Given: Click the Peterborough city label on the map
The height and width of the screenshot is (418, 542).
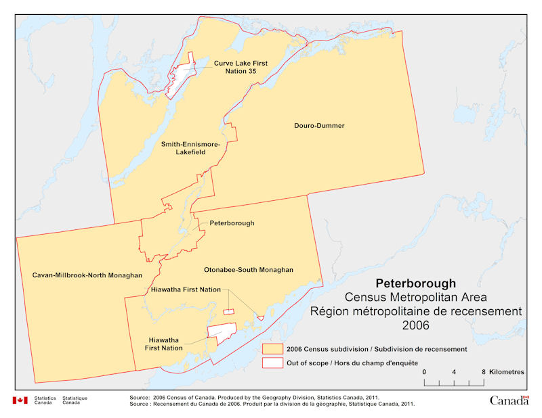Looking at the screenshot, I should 231,223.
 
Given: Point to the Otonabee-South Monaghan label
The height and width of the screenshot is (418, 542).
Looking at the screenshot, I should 249,269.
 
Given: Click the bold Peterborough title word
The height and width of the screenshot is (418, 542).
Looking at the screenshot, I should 415,283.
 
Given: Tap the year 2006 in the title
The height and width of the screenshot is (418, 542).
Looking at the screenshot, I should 415,325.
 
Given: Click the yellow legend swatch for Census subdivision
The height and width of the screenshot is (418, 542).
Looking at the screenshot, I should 272,349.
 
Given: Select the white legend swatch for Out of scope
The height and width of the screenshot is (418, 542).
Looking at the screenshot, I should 272,363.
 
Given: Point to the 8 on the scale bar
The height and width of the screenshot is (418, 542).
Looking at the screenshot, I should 483,373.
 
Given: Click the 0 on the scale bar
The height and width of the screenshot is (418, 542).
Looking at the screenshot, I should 424,373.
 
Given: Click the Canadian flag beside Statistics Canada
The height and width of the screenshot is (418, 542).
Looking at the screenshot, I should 20,400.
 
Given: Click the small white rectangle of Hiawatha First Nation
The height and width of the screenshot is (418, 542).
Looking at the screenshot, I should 228,312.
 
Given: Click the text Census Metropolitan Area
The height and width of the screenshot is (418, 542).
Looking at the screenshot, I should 415,297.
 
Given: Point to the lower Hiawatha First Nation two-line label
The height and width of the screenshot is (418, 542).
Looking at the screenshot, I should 166,344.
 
